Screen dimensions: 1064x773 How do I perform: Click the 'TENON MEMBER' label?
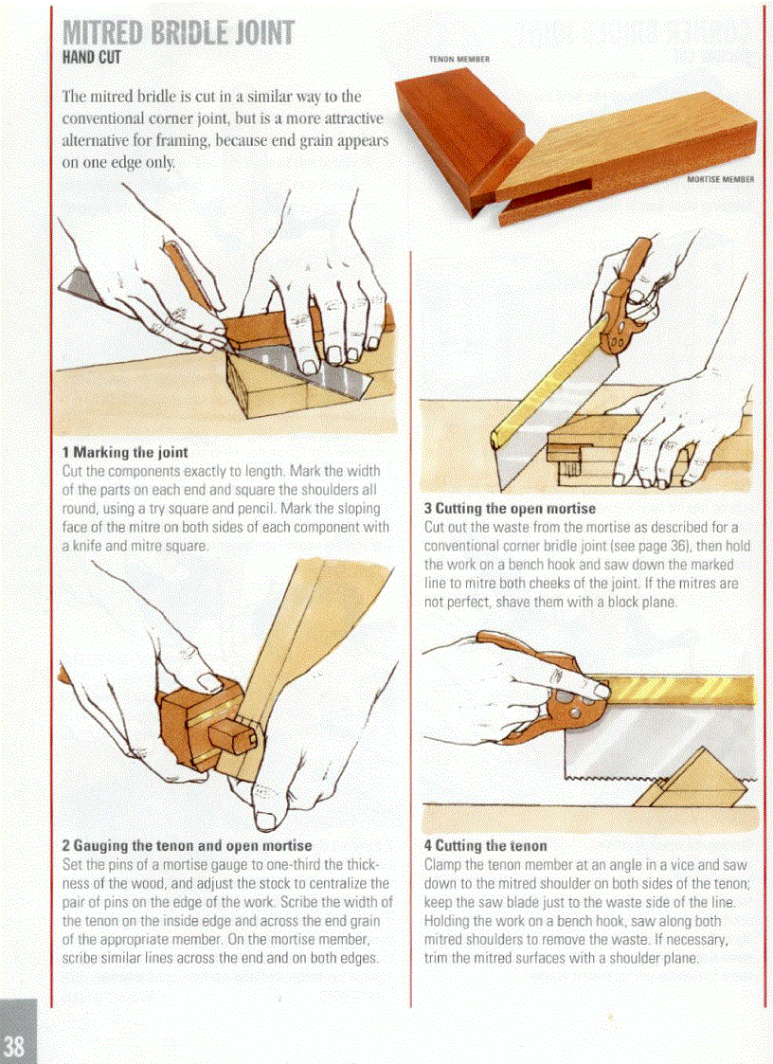click(458, 59)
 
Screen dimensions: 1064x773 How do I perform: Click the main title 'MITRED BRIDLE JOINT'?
click(178, 32)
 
